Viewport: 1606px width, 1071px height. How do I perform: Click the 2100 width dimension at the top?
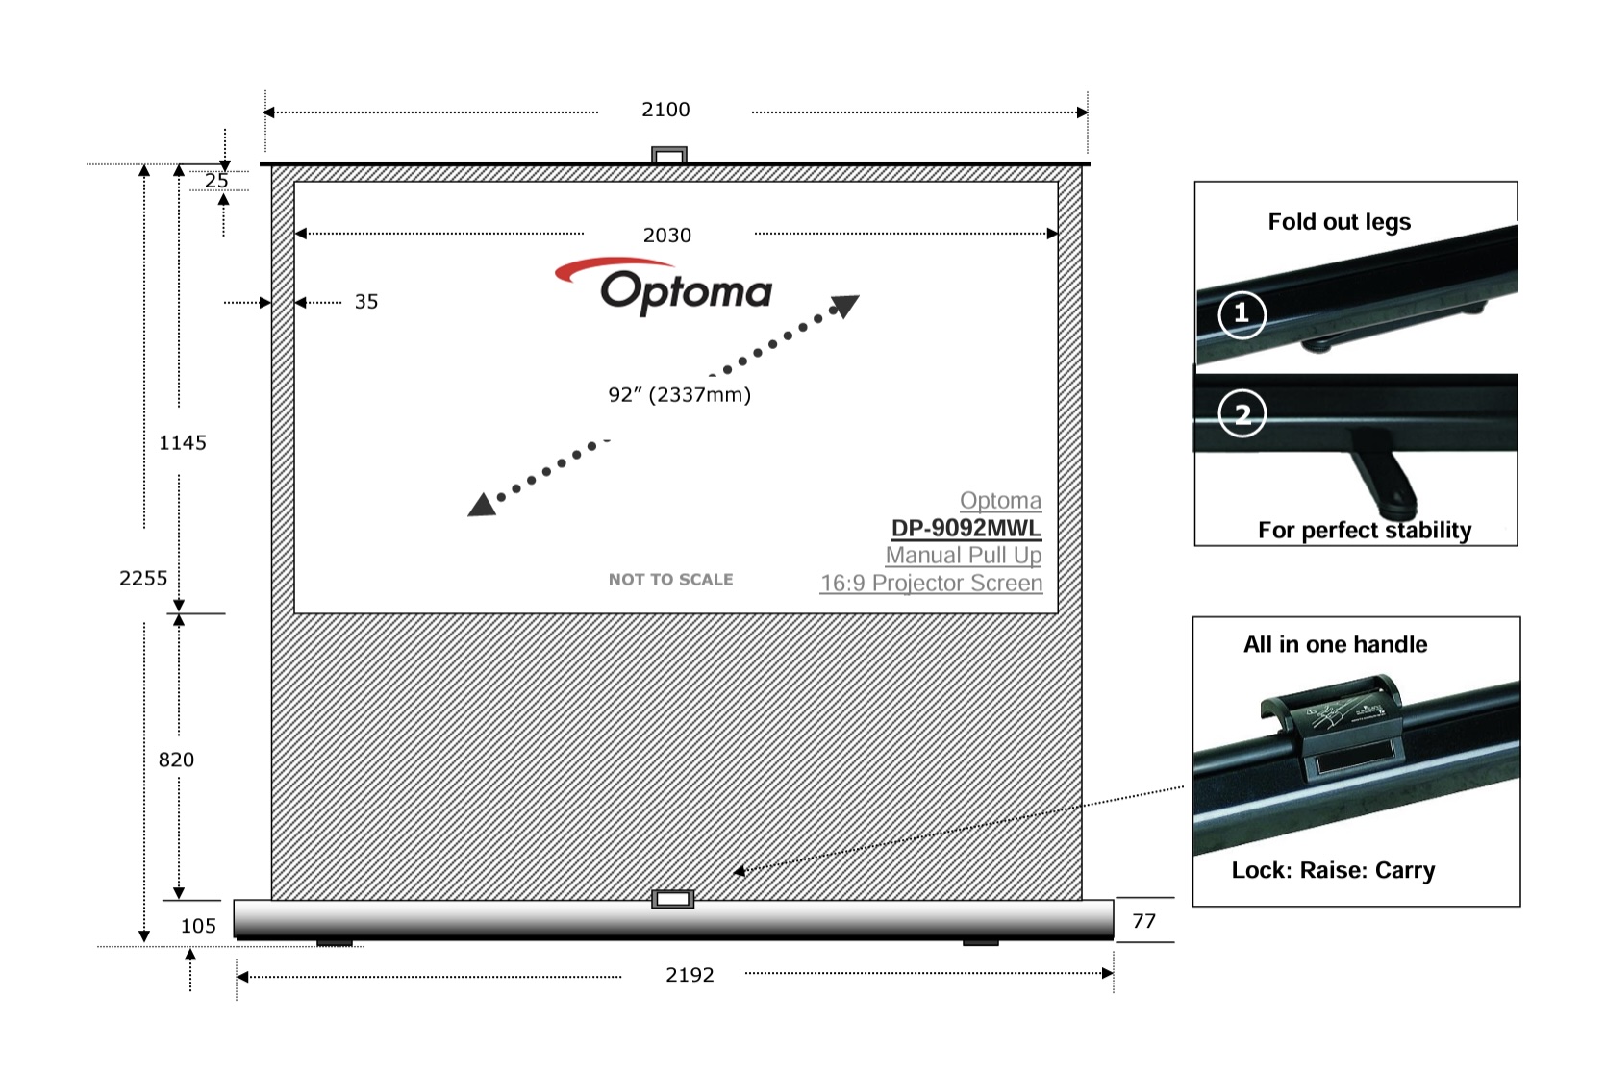coord(665,110)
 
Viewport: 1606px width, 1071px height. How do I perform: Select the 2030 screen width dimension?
coord(666,236)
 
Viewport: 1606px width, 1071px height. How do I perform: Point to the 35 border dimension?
coord(366,302)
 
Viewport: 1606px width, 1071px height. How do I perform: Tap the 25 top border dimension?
coord(216,181)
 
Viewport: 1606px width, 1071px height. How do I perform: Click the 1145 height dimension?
coord(183,443)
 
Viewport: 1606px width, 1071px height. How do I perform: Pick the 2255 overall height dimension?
coord(143,578)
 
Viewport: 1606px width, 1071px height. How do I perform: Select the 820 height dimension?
coord(176,760)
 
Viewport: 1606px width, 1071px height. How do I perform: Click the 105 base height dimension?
coord(198,926)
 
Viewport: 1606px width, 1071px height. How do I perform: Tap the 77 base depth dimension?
coord(1143,921)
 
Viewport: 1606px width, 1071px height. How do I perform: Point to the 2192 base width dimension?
coord(690,975)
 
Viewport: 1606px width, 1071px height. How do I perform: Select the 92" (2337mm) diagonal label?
coord(679,394)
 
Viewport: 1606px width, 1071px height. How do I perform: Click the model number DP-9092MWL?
coord(966,528)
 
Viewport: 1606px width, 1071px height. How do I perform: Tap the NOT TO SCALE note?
coord(670,580)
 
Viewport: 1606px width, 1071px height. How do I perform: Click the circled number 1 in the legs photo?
coord(1242,313)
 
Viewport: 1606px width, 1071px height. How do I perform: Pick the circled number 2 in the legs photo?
coord(1242,413)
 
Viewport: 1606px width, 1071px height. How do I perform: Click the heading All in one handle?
coord(1335,644)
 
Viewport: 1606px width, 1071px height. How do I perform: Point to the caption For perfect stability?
coord(1365,530)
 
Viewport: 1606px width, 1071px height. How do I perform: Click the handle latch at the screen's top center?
coord(669,156)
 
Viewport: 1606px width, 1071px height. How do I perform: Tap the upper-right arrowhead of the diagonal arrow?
coord(845,306)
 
